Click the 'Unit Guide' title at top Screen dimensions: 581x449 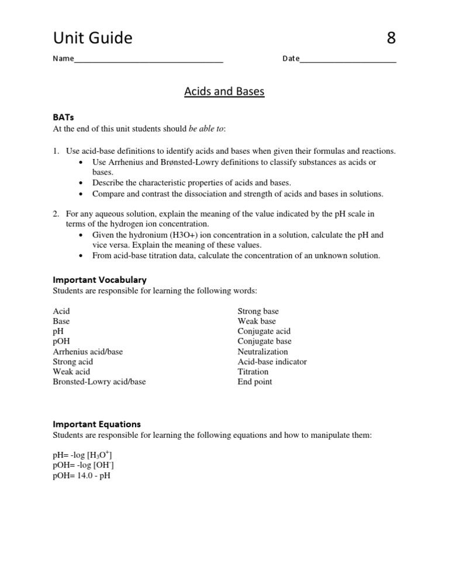(92, 38)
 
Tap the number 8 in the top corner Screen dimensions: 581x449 (391, 38)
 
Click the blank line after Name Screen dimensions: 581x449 (148, 60)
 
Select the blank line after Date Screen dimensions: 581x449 (347, 60)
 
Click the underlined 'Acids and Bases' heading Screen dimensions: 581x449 (224, 92)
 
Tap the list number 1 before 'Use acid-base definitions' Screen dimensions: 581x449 (56, 151)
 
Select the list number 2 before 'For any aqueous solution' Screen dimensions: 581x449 (56, 214)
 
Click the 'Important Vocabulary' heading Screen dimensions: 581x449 (99, 279)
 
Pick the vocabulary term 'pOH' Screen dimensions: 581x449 (61, 341)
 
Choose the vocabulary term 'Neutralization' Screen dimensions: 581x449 (263, 352)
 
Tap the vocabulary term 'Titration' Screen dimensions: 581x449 (253, 372)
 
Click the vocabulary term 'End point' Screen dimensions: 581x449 (254, 382)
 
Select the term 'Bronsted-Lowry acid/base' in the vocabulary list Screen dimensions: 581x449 (99, 382)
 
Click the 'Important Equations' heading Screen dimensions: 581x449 (96, 424)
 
